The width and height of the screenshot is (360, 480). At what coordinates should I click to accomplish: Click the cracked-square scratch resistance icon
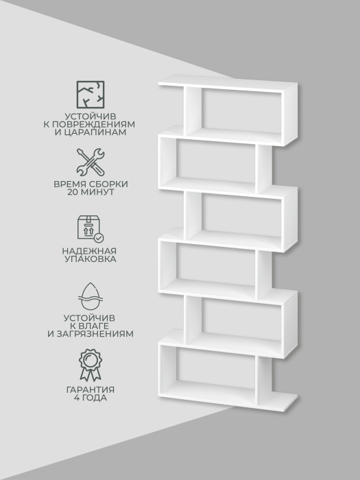[x=91, y=95]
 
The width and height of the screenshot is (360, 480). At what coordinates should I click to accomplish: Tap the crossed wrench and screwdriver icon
[x=91, y=162]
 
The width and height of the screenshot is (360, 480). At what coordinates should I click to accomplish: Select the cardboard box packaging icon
[x=91, y=228]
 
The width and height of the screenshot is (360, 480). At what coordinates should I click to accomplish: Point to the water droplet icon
[x=91, y=296]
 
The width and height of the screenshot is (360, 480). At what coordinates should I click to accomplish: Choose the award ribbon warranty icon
[x=91, y=365]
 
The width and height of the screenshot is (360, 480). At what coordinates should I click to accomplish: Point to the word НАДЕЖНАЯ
[x=89, y=251]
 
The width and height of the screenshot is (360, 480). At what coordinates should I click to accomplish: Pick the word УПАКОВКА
[x=91, y=259]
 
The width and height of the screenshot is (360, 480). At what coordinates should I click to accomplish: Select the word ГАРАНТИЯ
[x=91, y=390]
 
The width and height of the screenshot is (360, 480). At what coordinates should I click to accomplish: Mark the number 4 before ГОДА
[x=77, y=398]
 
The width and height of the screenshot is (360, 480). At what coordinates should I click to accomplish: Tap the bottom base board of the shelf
[x=228, y=397]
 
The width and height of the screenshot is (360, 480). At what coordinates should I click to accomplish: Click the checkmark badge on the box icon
[x=99, y=237]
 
